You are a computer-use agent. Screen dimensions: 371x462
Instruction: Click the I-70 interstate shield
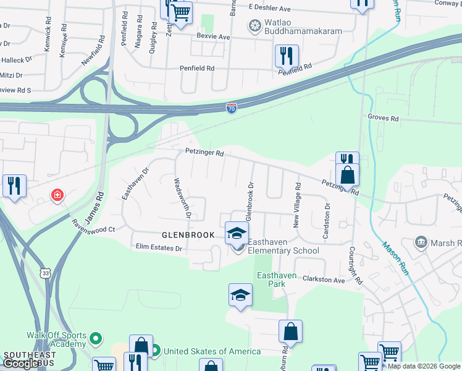point(231,108)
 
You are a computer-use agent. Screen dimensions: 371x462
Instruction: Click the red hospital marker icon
point(57,196)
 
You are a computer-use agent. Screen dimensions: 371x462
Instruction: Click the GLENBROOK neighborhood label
point(188,235)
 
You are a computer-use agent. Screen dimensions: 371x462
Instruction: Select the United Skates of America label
point(211,351)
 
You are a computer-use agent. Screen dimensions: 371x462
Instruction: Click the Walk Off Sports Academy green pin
point(94,338)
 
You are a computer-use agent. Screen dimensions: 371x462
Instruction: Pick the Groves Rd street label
point(383,117)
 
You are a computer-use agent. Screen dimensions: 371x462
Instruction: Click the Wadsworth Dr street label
point(181,198)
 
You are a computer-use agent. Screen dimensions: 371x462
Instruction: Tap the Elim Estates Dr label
point(159,249)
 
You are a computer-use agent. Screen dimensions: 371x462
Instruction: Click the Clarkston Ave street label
point(323,280)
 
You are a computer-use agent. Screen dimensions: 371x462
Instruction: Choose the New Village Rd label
point(298,205)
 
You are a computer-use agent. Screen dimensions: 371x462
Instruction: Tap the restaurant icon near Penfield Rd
point(287,56)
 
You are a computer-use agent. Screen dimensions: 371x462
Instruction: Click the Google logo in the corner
point(21,364)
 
